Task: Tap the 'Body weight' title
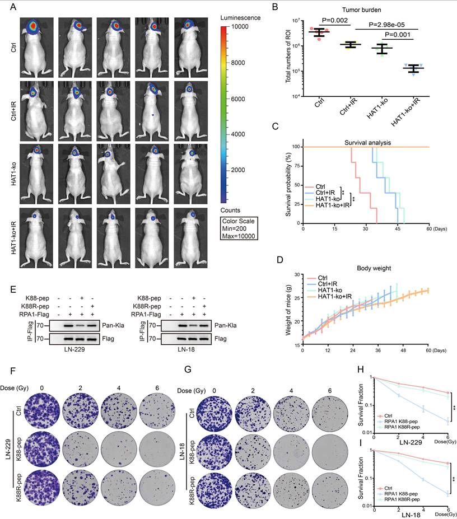[367, 269]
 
